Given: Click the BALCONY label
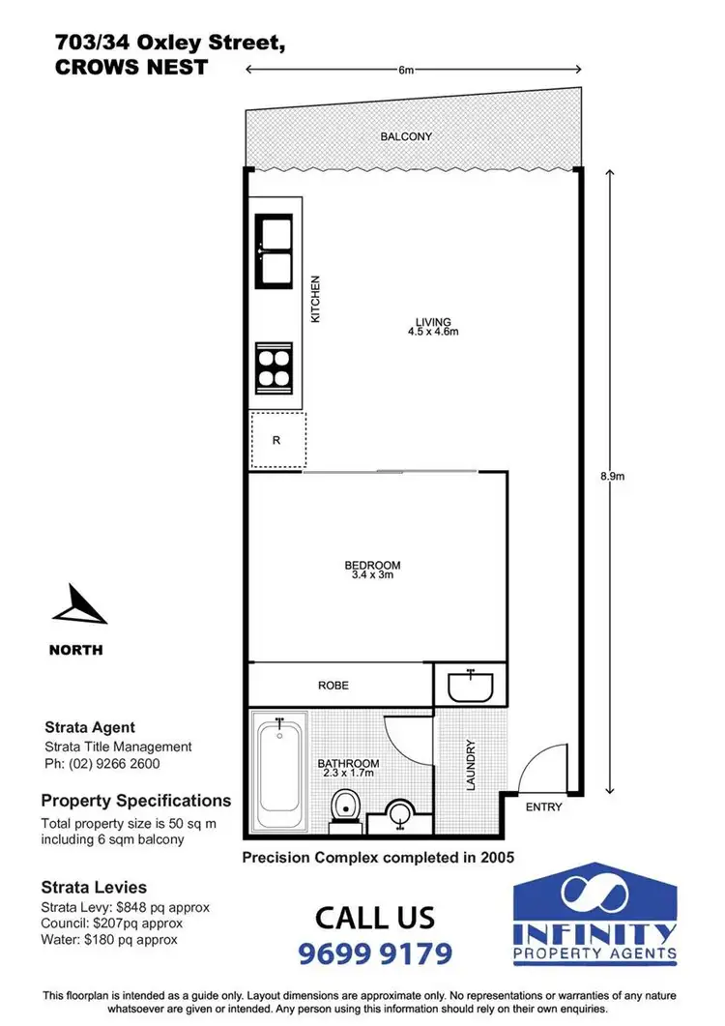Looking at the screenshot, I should tap(406, 136).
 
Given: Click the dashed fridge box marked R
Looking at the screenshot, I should tap(278, 441).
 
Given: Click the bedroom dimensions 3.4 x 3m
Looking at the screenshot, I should tap(372, 574).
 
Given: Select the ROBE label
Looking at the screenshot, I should tap(333, 685).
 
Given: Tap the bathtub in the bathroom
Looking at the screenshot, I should tap(279, 772).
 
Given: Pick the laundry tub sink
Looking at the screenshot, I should tap(470, 687).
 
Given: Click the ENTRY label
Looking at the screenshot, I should tap(543, 806).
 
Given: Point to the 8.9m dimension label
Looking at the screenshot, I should tap(613, 477).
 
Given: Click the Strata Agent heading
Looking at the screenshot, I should tap(90, 727).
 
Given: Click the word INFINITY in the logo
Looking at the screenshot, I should tap(594, 933).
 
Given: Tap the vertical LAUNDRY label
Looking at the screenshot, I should tap(471, 766).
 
